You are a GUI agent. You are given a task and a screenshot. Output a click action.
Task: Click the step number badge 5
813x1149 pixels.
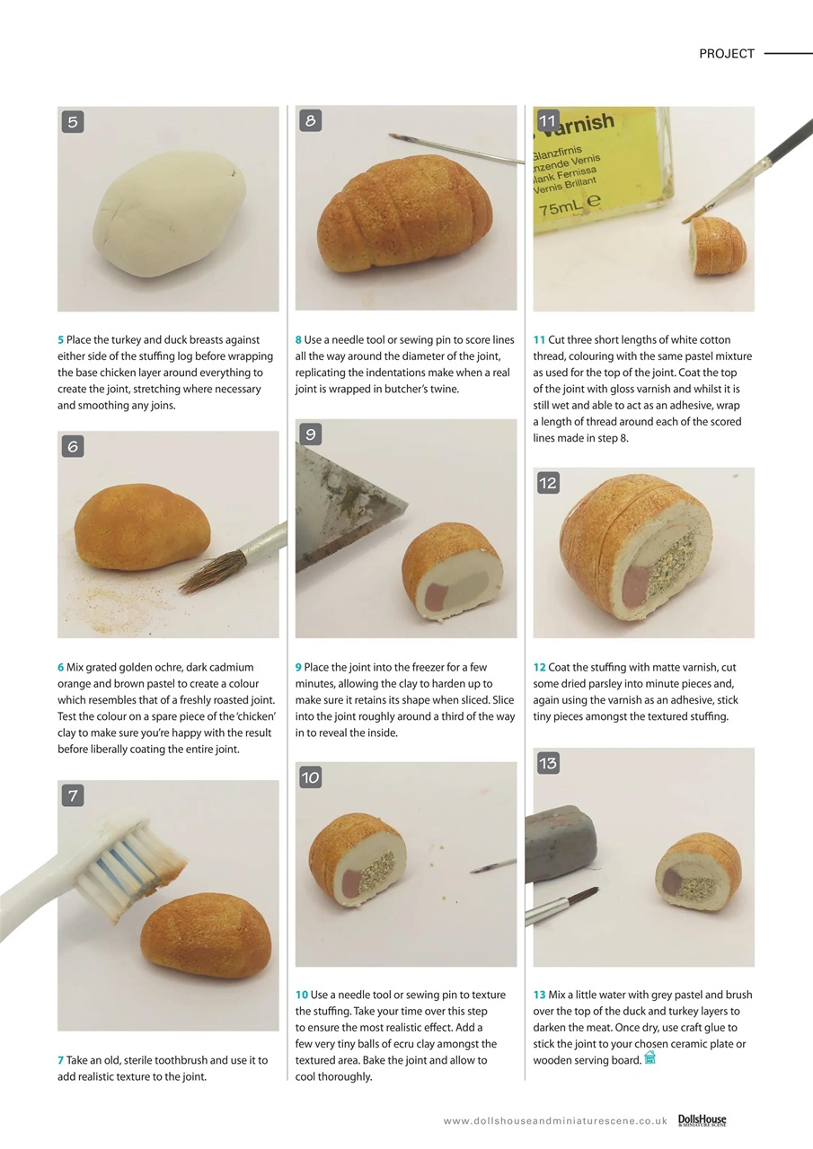pos(73,121)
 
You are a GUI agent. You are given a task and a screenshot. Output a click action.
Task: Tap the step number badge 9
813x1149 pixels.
pos(310,434)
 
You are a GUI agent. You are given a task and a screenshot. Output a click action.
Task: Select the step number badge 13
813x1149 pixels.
pos(548,763)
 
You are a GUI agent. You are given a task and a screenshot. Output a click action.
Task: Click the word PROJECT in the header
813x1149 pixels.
pos(726,54)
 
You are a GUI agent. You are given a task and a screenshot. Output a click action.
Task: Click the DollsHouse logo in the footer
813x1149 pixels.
pos(702,1120)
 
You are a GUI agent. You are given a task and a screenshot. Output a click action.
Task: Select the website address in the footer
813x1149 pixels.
pos(554,1121)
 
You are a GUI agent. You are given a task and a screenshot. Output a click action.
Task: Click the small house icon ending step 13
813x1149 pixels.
pos(650,1059)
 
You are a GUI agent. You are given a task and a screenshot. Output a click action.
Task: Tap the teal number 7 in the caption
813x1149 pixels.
pos(60,1060)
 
